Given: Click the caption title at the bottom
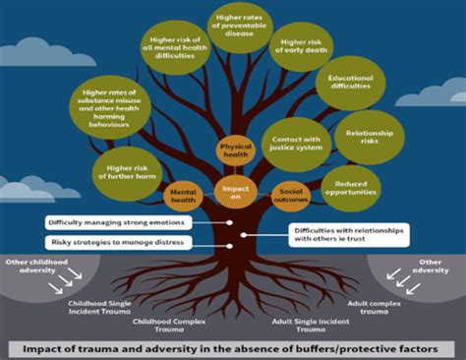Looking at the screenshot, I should click(233, 347).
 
